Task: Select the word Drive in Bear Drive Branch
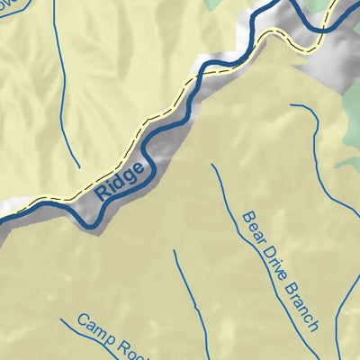pos(272,255)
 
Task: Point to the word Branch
pos(299,301)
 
